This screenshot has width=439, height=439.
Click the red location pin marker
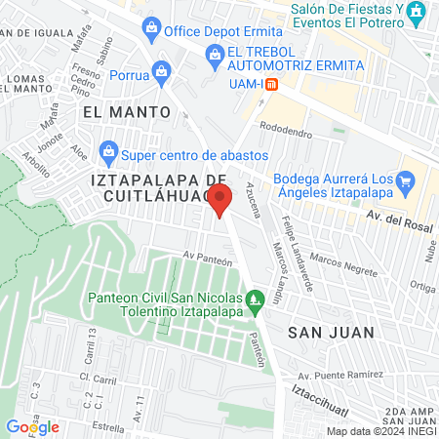[x=221, y=200]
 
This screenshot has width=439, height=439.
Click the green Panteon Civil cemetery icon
[x=256, y=299]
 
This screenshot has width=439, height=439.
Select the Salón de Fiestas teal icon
[x=417, y=13]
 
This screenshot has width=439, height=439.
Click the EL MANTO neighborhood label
[x=127, y=112]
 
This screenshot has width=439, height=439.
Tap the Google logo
[x=32, y=426]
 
